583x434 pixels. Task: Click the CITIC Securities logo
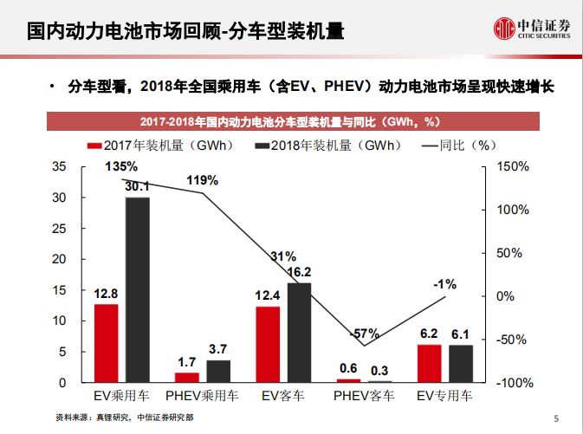[x=530, y=30]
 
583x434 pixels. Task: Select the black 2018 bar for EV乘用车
[x=137, y=289]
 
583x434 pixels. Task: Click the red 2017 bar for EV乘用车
[x=106, y=343]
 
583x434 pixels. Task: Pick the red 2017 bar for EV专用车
[x=428, y=363]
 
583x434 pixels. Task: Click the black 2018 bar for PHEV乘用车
[x=218, y=371]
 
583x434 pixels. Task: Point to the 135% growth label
[x=121, y=165]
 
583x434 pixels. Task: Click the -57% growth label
[x=364, y=334]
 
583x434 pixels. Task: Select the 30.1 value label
[x=137, y=185]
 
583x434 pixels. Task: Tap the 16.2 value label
[x=298, y=272]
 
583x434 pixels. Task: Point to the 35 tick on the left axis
[x=59, y=166]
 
